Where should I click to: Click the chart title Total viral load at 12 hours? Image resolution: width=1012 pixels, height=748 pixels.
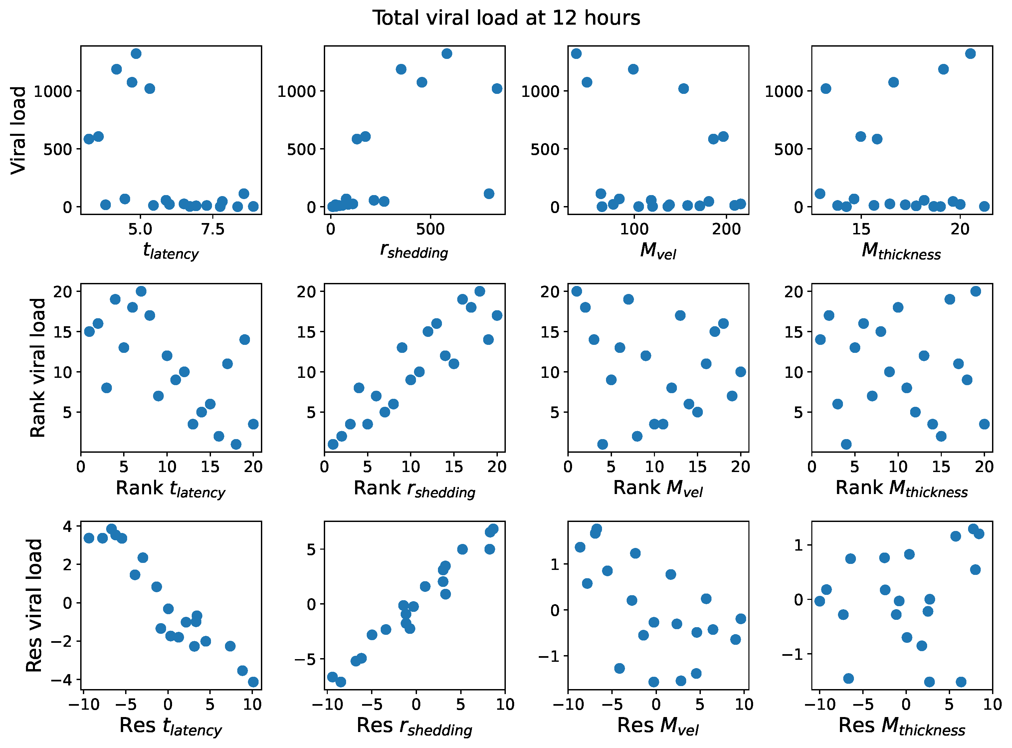point(506,18)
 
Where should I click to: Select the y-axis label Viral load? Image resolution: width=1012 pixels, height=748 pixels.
point(19,130)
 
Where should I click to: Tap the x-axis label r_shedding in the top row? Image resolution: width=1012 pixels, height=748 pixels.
point(414,250)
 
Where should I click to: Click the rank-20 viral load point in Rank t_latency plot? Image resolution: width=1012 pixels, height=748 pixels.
point(141,291)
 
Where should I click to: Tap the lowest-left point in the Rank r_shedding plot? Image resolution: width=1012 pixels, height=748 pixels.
point(333,444)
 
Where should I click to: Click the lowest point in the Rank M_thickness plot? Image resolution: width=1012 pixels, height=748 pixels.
point(846,444)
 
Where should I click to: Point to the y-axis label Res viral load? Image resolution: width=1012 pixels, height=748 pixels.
point(34,606)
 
